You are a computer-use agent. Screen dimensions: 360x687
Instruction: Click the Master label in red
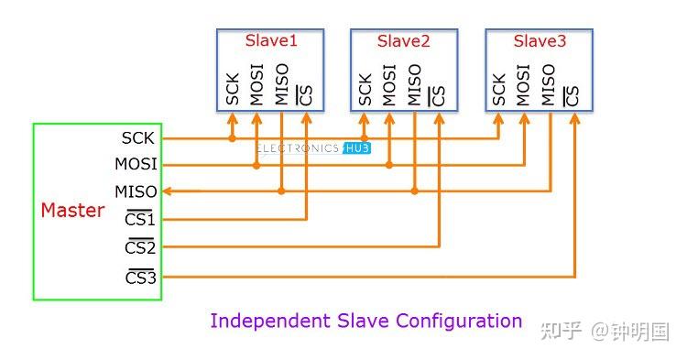[72, 210]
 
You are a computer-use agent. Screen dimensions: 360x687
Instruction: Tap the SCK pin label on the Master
[138, 138]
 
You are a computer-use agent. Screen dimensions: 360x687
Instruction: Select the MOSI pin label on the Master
[136, 165]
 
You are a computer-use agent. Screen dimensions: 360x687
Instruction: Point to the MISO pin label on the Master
[136, 191]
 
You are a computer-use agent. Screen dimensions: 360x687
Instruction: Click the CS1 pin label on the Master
[140, 220]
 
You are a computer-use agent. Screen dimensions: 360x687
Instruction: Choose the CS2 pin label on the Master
[140, 247]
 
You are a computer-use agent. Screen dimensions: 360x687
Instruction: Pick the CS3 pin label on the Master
[140, 275]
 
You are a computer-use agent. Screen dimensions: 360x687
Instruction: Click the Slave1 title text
[270, 40]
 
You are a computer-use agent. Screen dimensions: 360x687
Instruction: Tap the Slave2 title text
[404, 41]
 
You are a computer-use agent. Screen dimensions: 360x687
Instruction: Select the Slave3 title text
[540, 40]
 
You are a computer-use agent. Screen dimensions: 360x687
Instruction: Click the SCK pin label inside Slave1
[233, 88]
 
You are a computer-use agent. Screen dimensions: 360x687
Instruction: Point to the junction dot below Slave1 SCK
[233, 138]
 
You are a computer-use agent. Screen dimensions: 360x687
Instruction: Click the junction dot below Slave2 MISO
[414, 191]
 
